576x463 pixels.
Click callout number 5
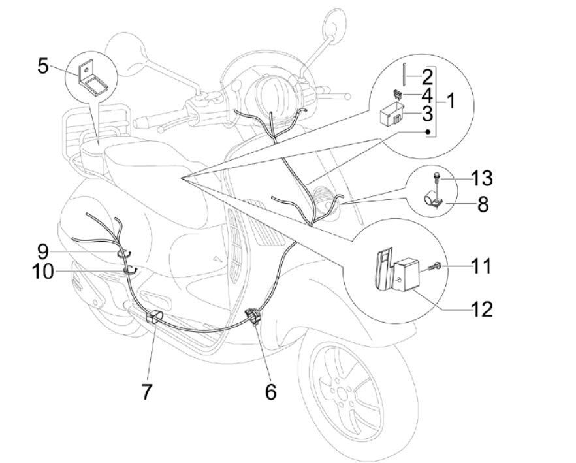click(x=42, y=67)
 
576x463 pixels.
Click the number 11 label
click(x=482, y=266)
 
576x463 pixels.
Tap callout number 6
click(x=270, y=391)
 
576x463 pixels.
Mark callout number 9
click(x=43, y=249)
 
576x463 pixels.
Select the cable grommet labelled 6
click(x=251, y=317)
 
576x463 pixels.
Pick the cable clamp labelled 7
click(x=154, y=317)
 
